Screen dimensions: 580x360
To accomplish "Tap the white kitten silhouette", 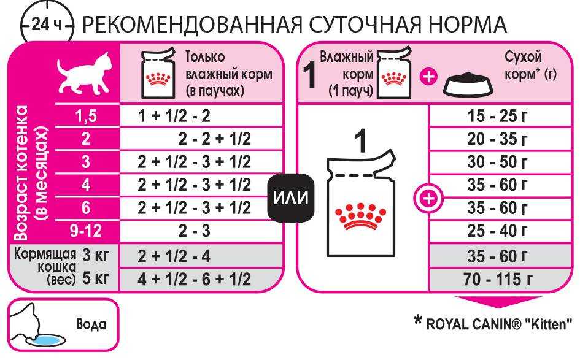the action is [x=85, y=73].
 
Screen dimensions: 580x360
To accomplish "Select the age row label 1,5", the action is [x=86, y=116].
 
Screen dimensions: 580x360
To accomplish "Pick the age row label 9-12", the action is [x=86, y=231].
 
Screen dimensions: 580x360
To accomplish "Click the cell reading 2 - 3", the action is [x=194, y=231].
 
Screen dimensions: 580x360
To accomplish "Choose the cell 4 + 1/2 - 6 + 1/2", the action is [x=194, y=279].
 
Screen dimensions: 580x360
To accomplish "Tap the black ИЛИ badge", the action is [x=291, y=197].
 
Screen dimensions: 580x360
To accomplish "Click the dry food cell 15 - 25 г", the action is [x=497, y=116].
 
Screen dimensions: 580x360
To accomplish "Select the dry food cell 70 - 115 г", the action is [x=498, y=279].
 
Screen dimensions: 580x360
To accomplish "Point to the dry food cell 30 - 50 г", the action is [x=497, y=162].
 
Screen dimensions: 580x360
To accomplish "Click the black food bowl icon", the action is [x=469, y=84].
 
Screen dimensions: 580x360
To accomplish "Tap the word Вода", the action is [x=91, y=324].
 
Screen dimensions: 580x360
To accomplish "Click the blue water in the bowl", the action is [x=48, y=340].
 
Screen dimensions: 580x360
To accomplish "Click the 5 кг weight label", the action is [x=95, y=278].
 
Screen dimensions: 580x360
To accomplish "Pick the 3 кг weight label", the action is [x=95, y=255].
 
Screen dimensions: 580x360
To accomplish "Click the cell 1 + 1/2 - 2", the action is [x=174, y=116].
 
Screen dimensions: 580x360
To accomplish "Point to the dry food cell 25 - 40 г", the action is [x=497, y=231].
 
